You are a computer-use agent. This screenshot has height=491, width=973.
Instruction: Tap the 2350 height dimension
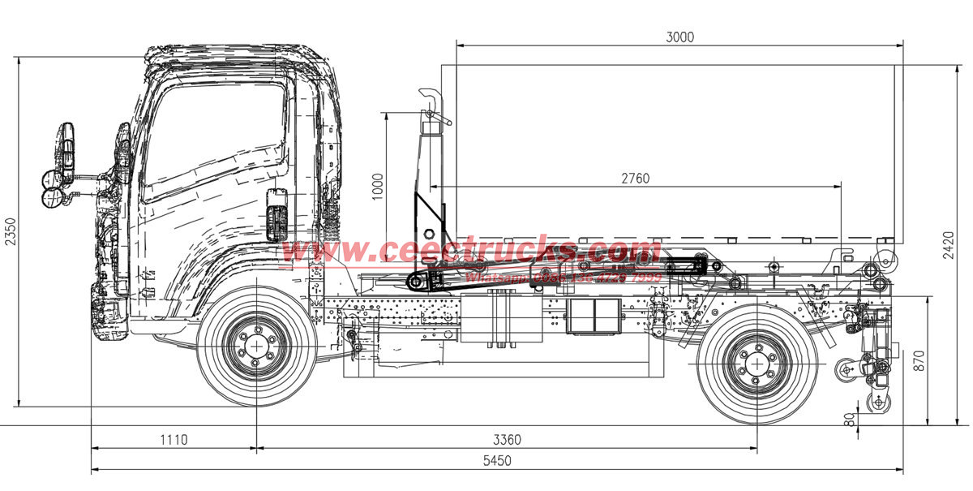(10, 231)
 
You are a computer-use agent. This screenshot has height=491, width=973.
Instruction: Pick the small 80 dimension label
(850, 420)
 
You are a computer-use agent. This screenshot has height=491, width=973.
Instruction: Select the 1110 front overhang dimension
(173, 440)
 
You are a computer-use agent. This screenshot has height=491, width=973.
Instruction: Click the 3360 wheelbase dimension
(507, 440)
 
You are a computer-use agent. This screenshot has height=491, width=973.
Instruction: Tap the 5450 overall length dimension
(496, 461)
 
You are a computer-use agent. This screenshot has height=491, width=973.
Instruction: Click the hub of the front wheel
(257, 347)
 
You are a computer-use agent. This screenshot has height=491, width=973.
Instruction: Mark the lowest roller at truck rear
(876, 403)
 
